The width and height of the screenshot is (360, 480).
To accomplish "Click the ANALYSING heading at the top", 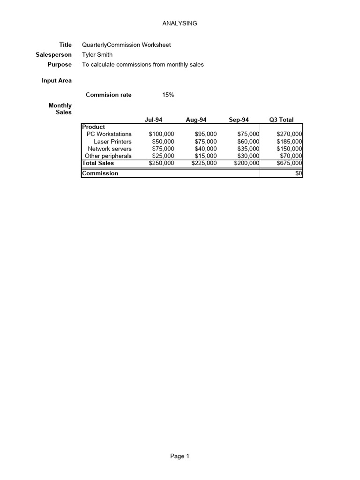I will click(x=180, y=23).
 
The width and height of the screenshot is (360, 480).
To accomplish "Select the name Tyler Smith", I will click(x=97, y=54).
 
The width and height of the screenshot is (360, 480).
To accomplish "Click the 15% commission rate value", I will click(x=168, y=95).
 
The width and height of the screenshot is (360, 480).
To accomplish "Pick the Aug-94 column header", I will click(x=196, y=120).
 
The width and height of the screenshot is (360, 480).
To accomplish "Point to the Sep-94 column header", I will click(x=239, y=120).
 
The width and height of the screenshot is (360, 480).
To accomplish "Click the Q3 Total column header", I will click(x=281, y=120).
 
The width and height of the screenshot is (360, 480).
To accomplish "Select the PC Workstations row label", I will click(x=109, y=134).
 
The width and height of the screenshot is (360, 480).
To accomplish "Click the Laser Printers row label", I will click(x=112, y=142).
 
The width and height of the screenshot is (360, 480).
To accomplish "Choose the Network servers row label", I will click(x=110, y=149).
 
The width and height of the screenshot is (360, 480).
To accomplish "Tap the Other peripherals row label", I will click(x=108, y=156).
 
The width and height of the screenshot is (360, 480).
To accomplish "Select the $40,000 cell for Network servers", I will click(x=206, y=149).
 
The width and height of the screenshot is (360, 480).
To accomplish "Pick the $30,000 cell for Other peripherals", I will click(x=248, y=156).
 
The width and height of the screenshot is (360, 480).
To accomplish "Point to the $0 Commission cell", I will click(x=299, y=173).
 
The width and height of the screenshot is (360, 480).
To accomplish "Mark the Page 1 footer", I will click(x=180, y=456).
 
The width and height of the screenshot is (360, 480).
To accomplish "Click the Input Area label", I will click(x=57, y=81).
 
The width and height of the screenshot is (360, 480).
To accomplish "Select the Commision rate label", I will click(x=109, y=95).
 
